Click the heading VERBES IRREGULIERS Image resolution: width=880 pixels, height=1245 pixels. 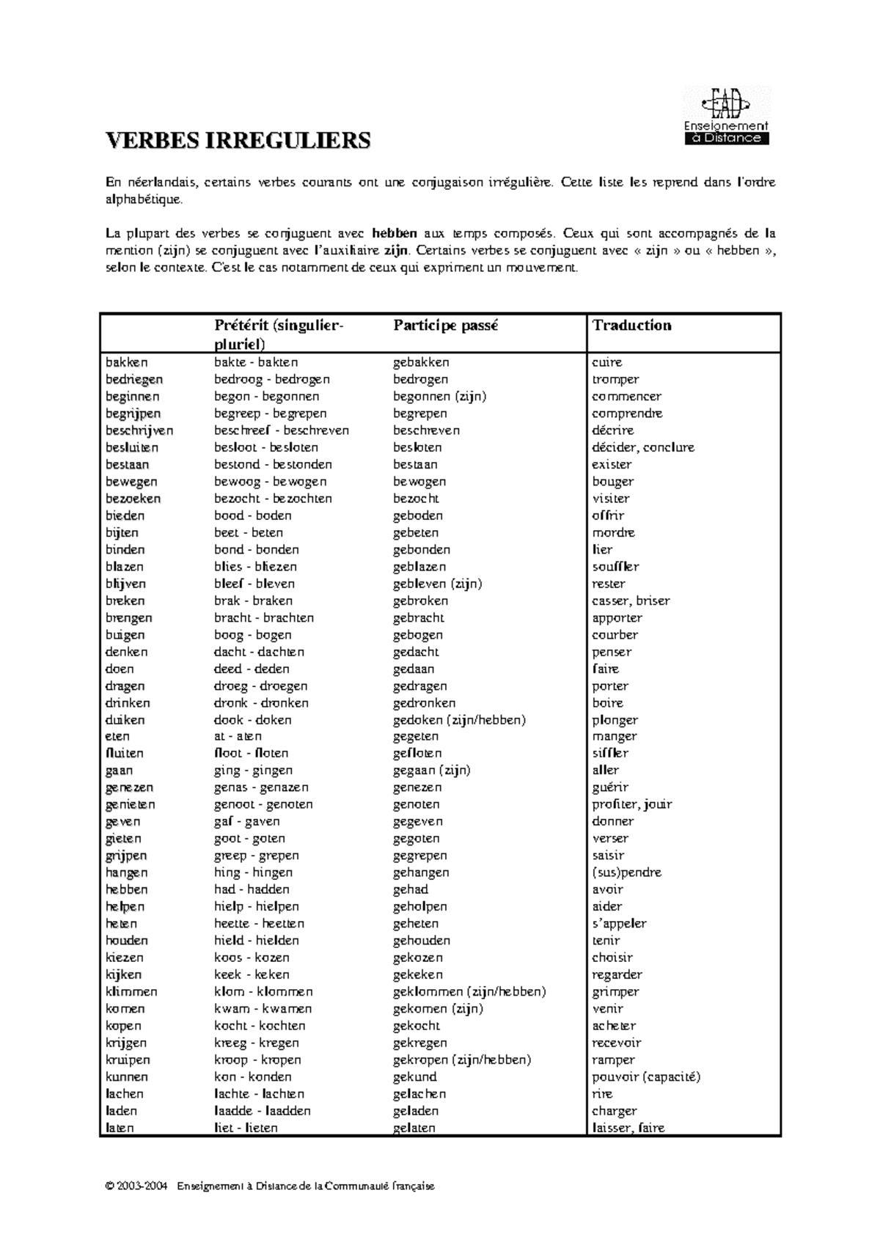(x=238, y=141)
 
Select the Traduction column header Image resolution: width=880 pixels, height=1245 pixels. (x=631, y=326)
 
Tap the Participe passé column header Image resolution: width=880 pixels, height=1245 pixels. (x=445, y=326)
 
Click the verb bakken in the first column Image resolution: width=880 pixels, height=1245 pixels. (x=127, y=362)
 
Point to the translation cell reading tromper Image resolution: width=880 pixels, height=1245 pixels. (x=615, y=379)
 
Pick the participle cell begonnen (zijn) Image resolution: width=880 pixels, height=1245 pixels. (x=439, y=397)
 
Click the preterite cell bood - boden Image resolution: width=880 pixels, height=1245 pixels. (x=252, y=515)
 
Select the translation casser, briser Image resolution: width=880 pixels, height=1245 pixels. (x=631, y=601)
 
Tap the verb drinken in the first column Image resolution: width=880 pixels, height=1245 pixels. (x=128, y=703)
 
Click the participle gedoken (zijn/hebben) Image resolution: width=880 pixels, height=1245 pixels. (x=459, y=720)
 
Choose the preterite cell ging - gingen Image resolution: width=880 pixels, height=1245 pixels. (x=253, y=771)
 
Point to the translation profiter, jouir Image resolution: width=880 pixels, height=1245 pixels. (x=632, y=804)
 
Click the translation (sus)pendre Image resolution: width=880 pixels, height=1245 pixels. (x=626, y=873)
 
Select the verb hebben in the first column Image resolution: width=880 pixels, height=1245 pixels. (x=127, y=889)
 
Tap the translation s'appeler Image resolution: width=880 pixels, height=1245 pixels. (x=619, y=924)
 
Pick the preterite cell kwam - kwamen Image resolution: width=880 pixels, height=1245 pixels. (x=263, y=1009)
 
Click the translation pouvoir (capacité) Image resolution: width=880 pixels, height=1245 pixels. (x=646, y=1077)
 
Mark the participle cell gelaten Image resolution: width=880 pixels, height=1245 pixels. (x=414, y=1128)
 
